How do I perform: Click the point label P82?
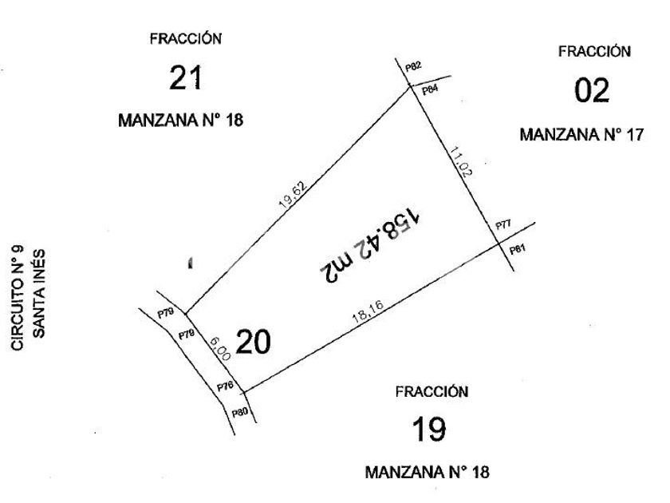point(413,67)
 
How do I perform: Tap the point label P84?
point(431,89)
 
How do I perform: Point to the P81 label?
point(517,250)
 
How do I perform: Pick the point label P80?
point(239,414)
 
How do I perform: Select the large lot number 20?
point(254,343)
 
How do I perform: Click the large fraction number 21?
point(185,78)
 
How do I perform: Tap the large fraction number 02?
point(592,89)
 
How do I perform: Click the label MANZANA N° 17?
point(581,134)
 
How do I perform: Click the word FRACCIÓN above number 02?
point(595,51)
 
